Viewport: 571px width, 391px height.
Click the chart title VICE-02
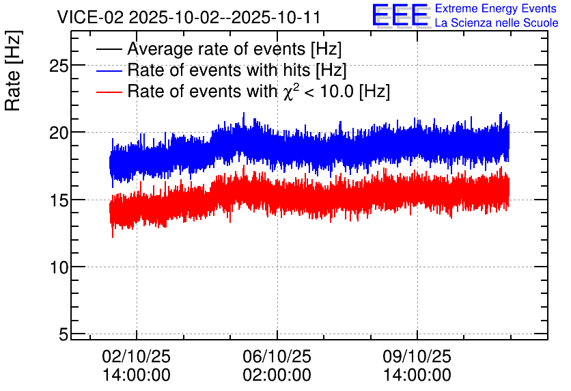[x=90, y=18]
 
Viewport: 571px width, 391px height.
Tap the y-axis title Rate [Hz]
[x=13, y=71]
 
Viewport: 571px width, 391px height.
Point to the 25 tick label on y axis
[x=59, y=66]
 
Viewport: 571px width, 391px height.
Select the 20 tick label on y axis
[x=59, y=133]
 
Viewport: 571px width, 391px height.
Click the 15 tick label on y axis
[x=59, y=200]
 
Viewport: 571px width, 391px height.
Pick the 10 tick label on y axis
[x=59, y=267]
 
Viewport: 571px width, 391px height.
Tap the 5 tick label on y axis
[x=64, y=334]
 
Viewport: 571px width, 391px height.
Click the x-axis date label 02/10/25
[x=136, y=356]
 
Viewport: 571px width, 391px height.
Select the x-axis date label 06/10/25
[x=277, y=356]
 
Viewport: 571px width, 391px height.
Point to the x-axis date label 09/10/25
[x=417, y=356]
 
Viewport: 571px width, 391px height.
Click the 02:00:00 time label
[x=277, y=375]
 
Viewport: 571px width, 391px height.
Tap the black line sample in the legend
[x=109, y=49]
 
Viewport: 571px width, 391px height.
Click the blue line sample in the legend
[x=109, y=70]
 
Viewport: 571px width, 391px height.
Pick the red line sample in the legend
[x=109, y=92]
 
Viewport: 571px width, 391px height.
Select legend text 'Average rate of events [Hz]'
[x=234, y=49]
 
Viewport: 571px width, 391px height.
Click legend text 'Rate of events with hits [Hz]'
[x=237, y=70]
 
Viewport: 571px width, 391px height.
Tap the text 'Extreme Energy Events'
[x=496, y=8]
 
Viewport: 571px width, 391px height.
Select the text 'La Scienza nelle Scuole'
[x=497, y=23]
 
